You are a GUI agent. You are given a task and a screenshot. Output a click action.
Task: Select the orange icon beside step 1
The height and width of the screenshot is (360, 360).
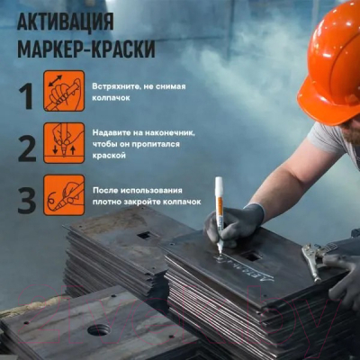[x=64, y=91]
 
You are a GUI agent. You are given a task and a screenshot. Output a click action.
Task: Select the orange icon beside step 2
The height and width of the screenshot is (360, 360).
[x=64, y=143]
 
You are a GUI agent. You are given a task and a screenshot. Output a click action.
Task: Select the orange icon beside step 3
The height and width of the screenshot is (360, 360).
[x=64, y=195]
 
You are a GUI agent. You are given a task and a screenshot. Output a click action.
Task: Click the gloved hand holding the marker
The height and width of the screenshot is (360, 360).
[x=237, y=224]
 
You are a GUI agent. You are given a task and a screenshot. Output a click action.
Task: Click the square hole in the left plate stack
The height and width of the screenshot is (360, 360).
[x=144, y=235]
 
